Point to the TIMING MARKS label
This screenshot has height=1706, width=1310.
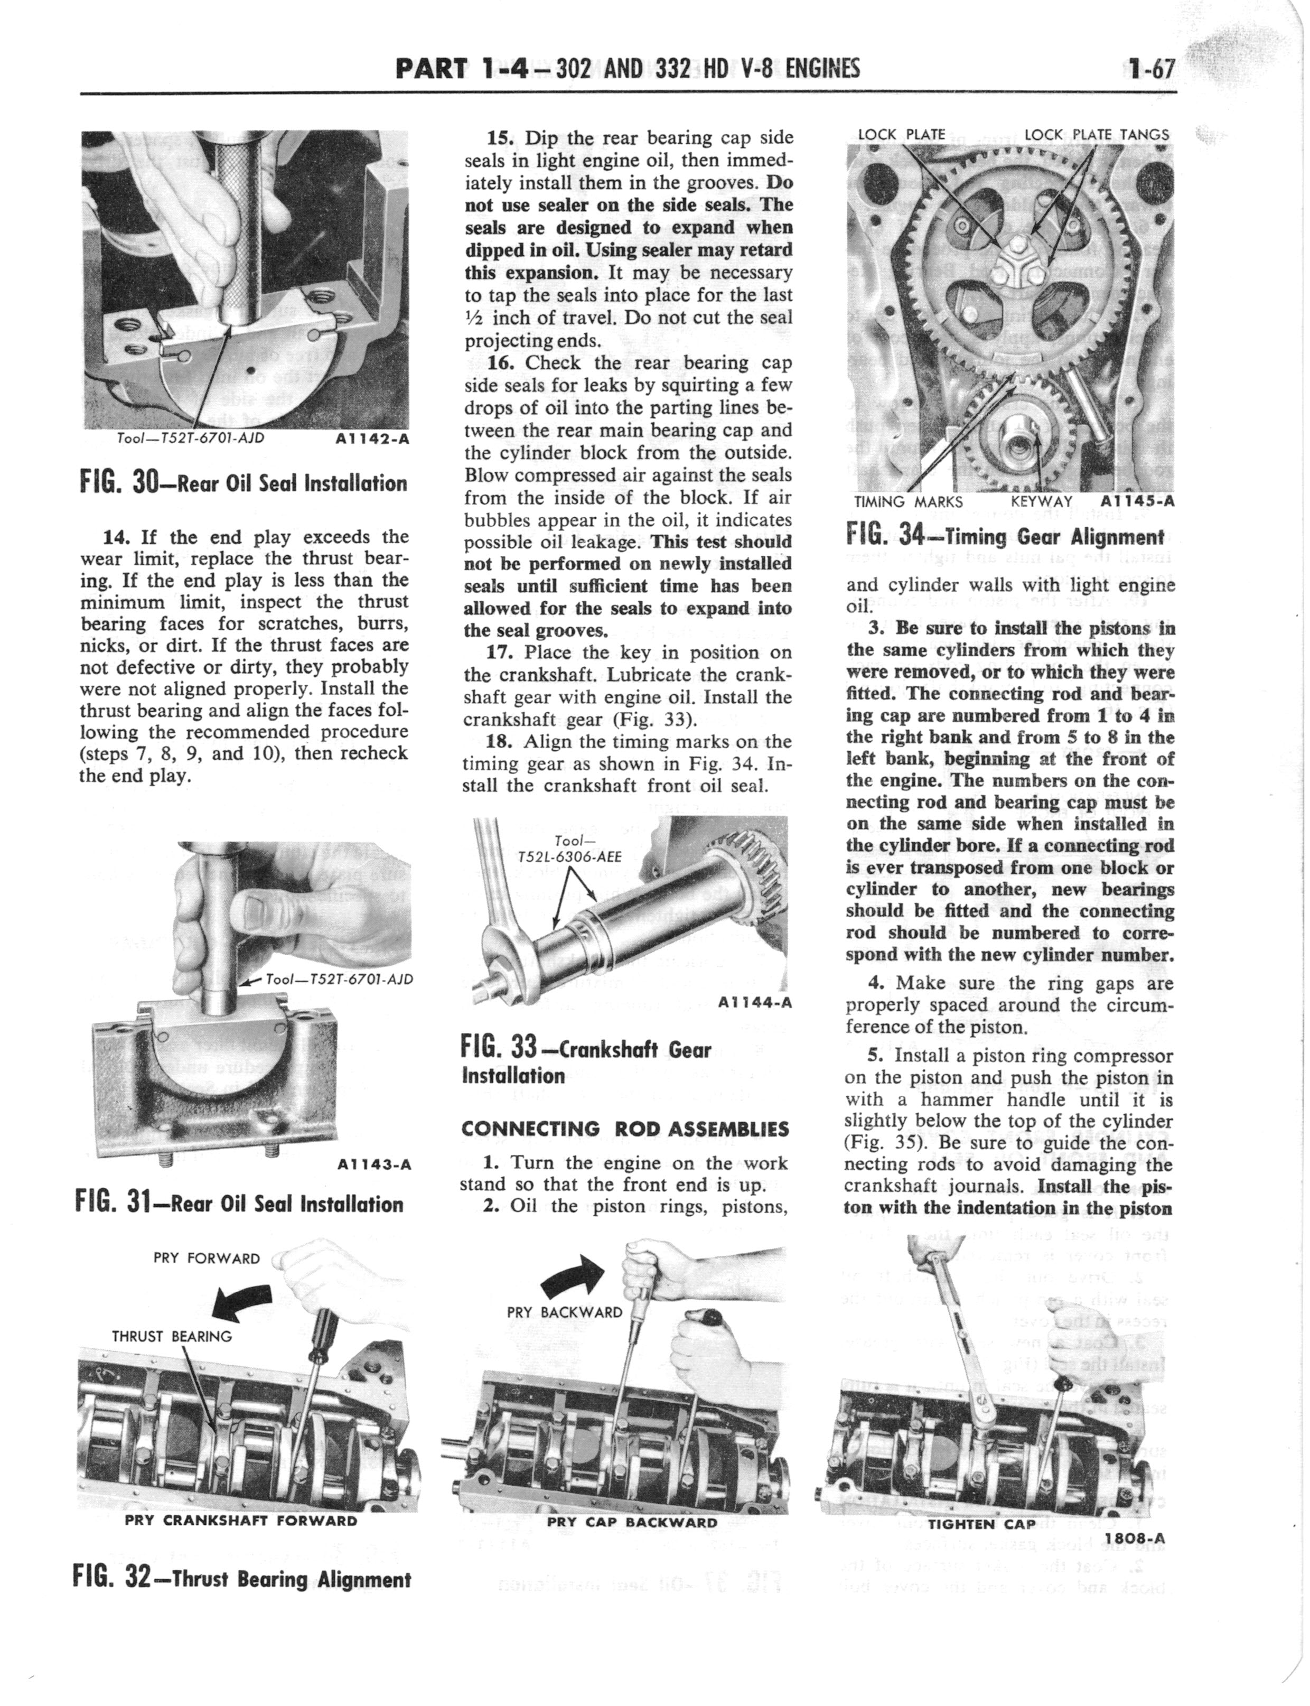[x=909, y=502]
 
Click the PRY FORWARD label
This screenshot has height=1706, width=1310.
[x=207, y=1258]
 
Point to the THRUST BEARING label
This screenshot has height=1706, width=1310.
[x=172, y=1336]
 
